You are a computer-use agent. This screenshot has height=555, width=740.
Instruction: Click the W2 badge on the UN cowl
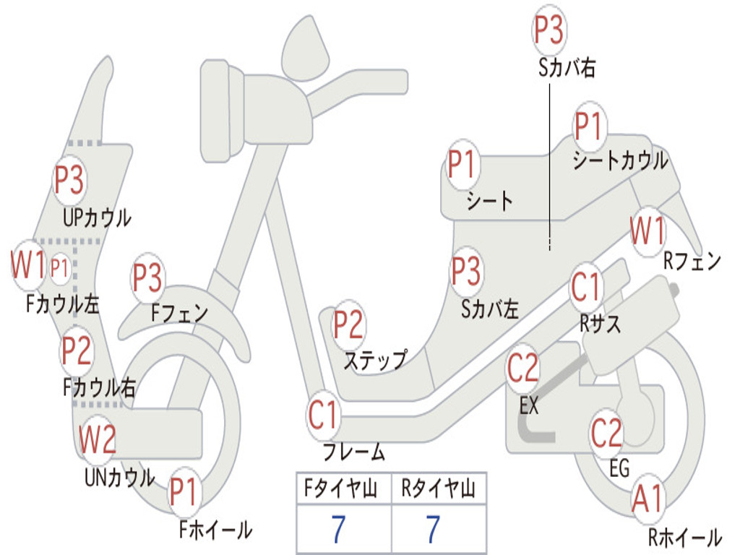[98, 439]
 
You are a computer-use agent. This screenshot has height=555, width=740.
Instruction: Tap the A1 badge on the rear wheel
[648, 499]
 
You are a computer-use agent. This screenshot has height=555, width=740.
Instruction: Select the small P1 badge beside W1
[59, 268]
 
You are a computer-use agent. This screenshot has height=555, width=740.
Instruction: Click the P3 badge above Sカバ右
[549, 30]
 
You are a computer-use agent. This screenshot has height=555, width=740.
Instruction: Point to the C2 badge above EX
[522, 368]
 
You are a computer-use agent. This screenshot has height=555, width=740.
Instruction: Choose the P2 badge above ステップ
[348, 324]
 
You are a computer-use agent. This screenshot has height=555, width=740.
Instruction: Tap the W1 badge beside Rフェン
[647, 231]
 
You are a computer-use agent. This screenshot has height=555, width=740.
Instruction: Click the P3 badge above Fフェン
[147, 277]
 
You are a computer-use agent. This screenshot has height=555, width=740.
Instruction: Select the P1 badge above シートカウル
[589, 126]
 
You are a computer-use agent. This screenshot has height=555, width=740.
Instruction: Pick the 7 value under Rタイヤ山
[434, 529]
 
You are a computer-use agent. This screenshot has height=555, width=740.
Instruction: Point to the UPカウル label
[98, 218]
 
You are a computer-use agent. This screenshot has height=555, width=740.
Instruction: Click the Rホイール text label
[685, 537]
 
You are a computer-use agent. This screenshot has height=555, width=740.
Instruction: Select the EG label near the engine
[619, 468]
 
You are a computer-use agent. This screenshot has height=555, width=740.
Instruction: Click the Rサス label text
[600, 324]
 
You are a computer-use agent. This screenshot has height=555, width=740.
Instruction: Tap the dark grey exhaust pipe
[548, 401]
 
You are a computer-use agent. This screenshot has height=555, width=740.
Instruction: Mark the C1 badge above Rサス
[585, 286]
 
